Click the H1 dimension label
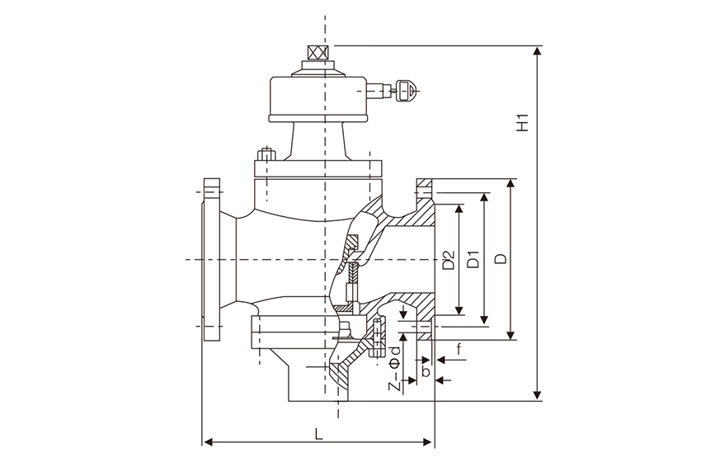522,123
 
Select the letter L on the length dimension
318,433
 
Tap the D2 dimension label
449,260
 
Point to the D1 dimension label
473,260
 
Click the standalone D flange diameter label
501,258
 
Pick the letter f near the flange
459,348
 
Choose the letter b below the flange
426,370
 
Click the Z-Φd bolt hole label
394,369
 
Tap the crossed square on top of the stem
318,53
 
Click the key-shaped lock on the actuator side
407,91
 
